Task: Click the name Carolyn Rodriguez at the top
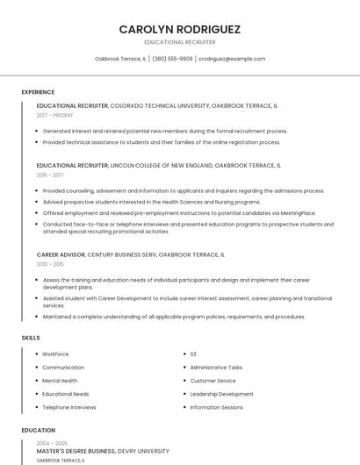coord(180,29)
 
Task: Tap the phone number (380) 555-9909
coord(172,59)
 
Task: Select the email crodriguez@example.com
coord(232,59)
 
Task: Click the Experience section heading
coord(38,92)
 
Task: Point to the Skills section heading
coord(31,338)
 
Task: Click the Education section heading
coord(38,431)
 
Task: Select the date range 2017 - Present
coord(54,115)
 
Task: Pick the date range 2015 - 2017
coord(50,175)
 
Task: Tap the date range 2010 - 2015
coord(50,264)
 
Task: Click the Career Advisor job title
coord(61,254)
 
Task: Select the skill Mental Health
coord(60,381)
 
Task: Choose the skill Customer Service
coord(213,381)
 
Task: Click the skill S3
coord(193,354)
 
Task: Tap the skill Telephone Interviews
coord(69,407)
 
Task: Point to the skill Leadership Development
coord(221,394)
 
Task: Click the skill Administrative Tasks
coord(216,368)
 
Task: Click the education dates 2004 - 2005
coord(51,444)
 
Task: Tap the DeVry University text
coord(143,451)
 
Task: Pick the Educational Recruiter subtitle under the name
coord(180,42)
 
